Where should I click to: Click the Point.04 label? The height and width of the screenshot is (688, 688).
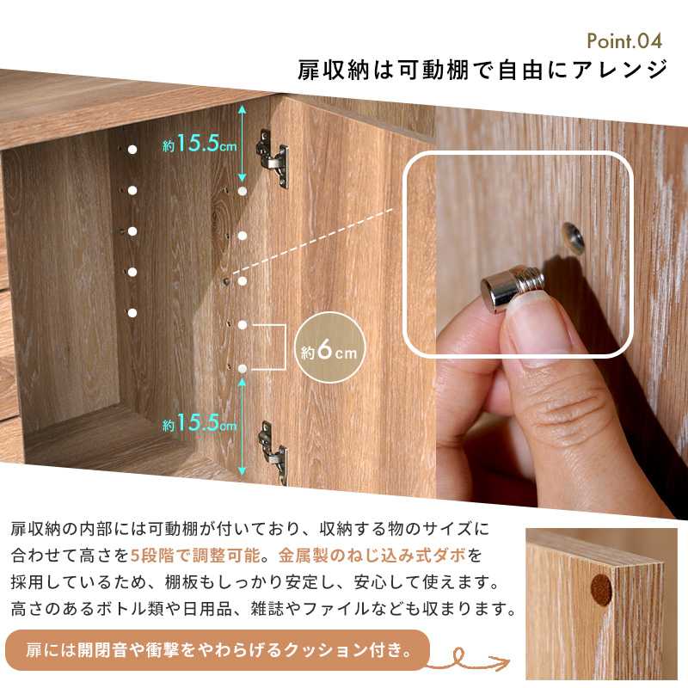[624, 41]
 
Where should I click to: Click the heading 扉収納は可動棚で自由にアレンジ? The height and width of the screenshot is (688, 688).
[482, 70]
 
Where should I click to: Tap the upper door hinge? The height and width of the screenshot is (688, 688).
[273, 158]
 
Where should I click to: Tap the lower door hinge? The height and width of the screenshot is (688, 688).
[273, 452]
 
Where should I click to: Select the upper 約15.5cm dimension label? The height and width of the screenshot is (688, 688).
[200, 143]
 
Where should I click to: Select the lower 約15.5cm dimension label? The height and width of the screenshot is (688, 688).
[200, 423]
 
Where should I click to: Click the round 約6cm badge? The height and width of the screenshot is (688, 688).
[330, 347]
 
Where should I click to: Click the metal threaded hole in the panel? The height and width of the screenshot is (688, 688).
[574, 238]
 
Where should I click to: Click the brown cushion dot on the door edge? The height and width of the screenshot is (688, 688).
[601, 590]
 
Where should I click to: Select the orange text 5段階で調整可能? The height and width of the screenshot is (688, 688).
[195, 556]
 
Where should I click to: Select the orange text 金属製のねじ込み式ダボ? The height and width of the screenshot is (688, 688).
[372, 556]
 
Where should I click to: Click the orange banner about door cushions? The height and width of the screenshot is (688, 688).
[218, 650]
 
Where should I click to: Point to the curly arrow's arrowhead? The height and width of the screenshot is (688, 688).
[502, 661]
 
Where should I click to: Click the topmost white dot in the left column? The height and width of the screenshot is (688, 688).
[132, 150]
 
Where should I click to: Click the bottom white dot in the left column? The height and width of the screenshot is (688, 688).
[132, 313]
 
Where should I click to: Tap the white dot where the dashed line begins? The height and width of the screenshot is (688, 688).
[243, 281]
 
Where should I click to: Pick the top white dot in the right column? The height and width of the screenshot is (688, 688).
[243, 191]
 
